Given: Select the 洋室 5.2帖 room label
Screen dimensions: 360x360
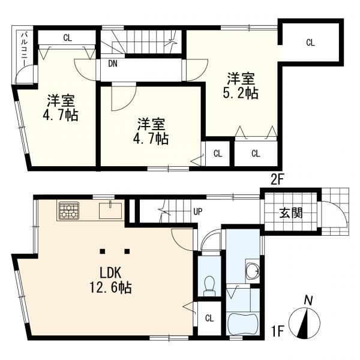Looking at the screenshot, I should tap(242, 86).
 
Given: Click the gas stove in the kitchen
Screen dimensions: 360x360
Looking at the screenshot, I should tap(68, 211).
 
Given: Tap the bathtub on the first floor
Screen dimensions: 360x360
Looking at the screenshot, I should tap(244, 324).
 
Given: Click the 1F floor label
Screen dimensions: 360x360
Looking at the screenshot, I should tap(277, 329).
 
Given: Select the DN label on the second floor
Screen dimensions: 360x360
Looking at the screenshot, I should tap(113, 62).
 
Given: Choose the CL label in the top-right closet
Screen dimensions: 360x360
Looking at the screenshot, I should tap(310, 42).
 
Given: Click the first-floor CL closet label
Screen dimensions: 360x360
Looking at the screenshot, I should tap(209, 317).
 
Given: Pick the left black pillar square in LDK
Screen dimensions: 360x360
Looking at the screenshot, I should tap(103, 250).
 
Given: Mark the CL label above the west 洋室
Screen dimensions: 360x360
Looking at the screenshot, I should tap(67, 38).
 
